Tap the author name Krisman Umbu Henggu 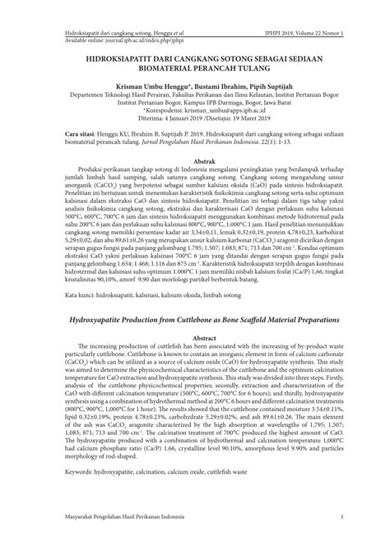pos(137,86)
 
